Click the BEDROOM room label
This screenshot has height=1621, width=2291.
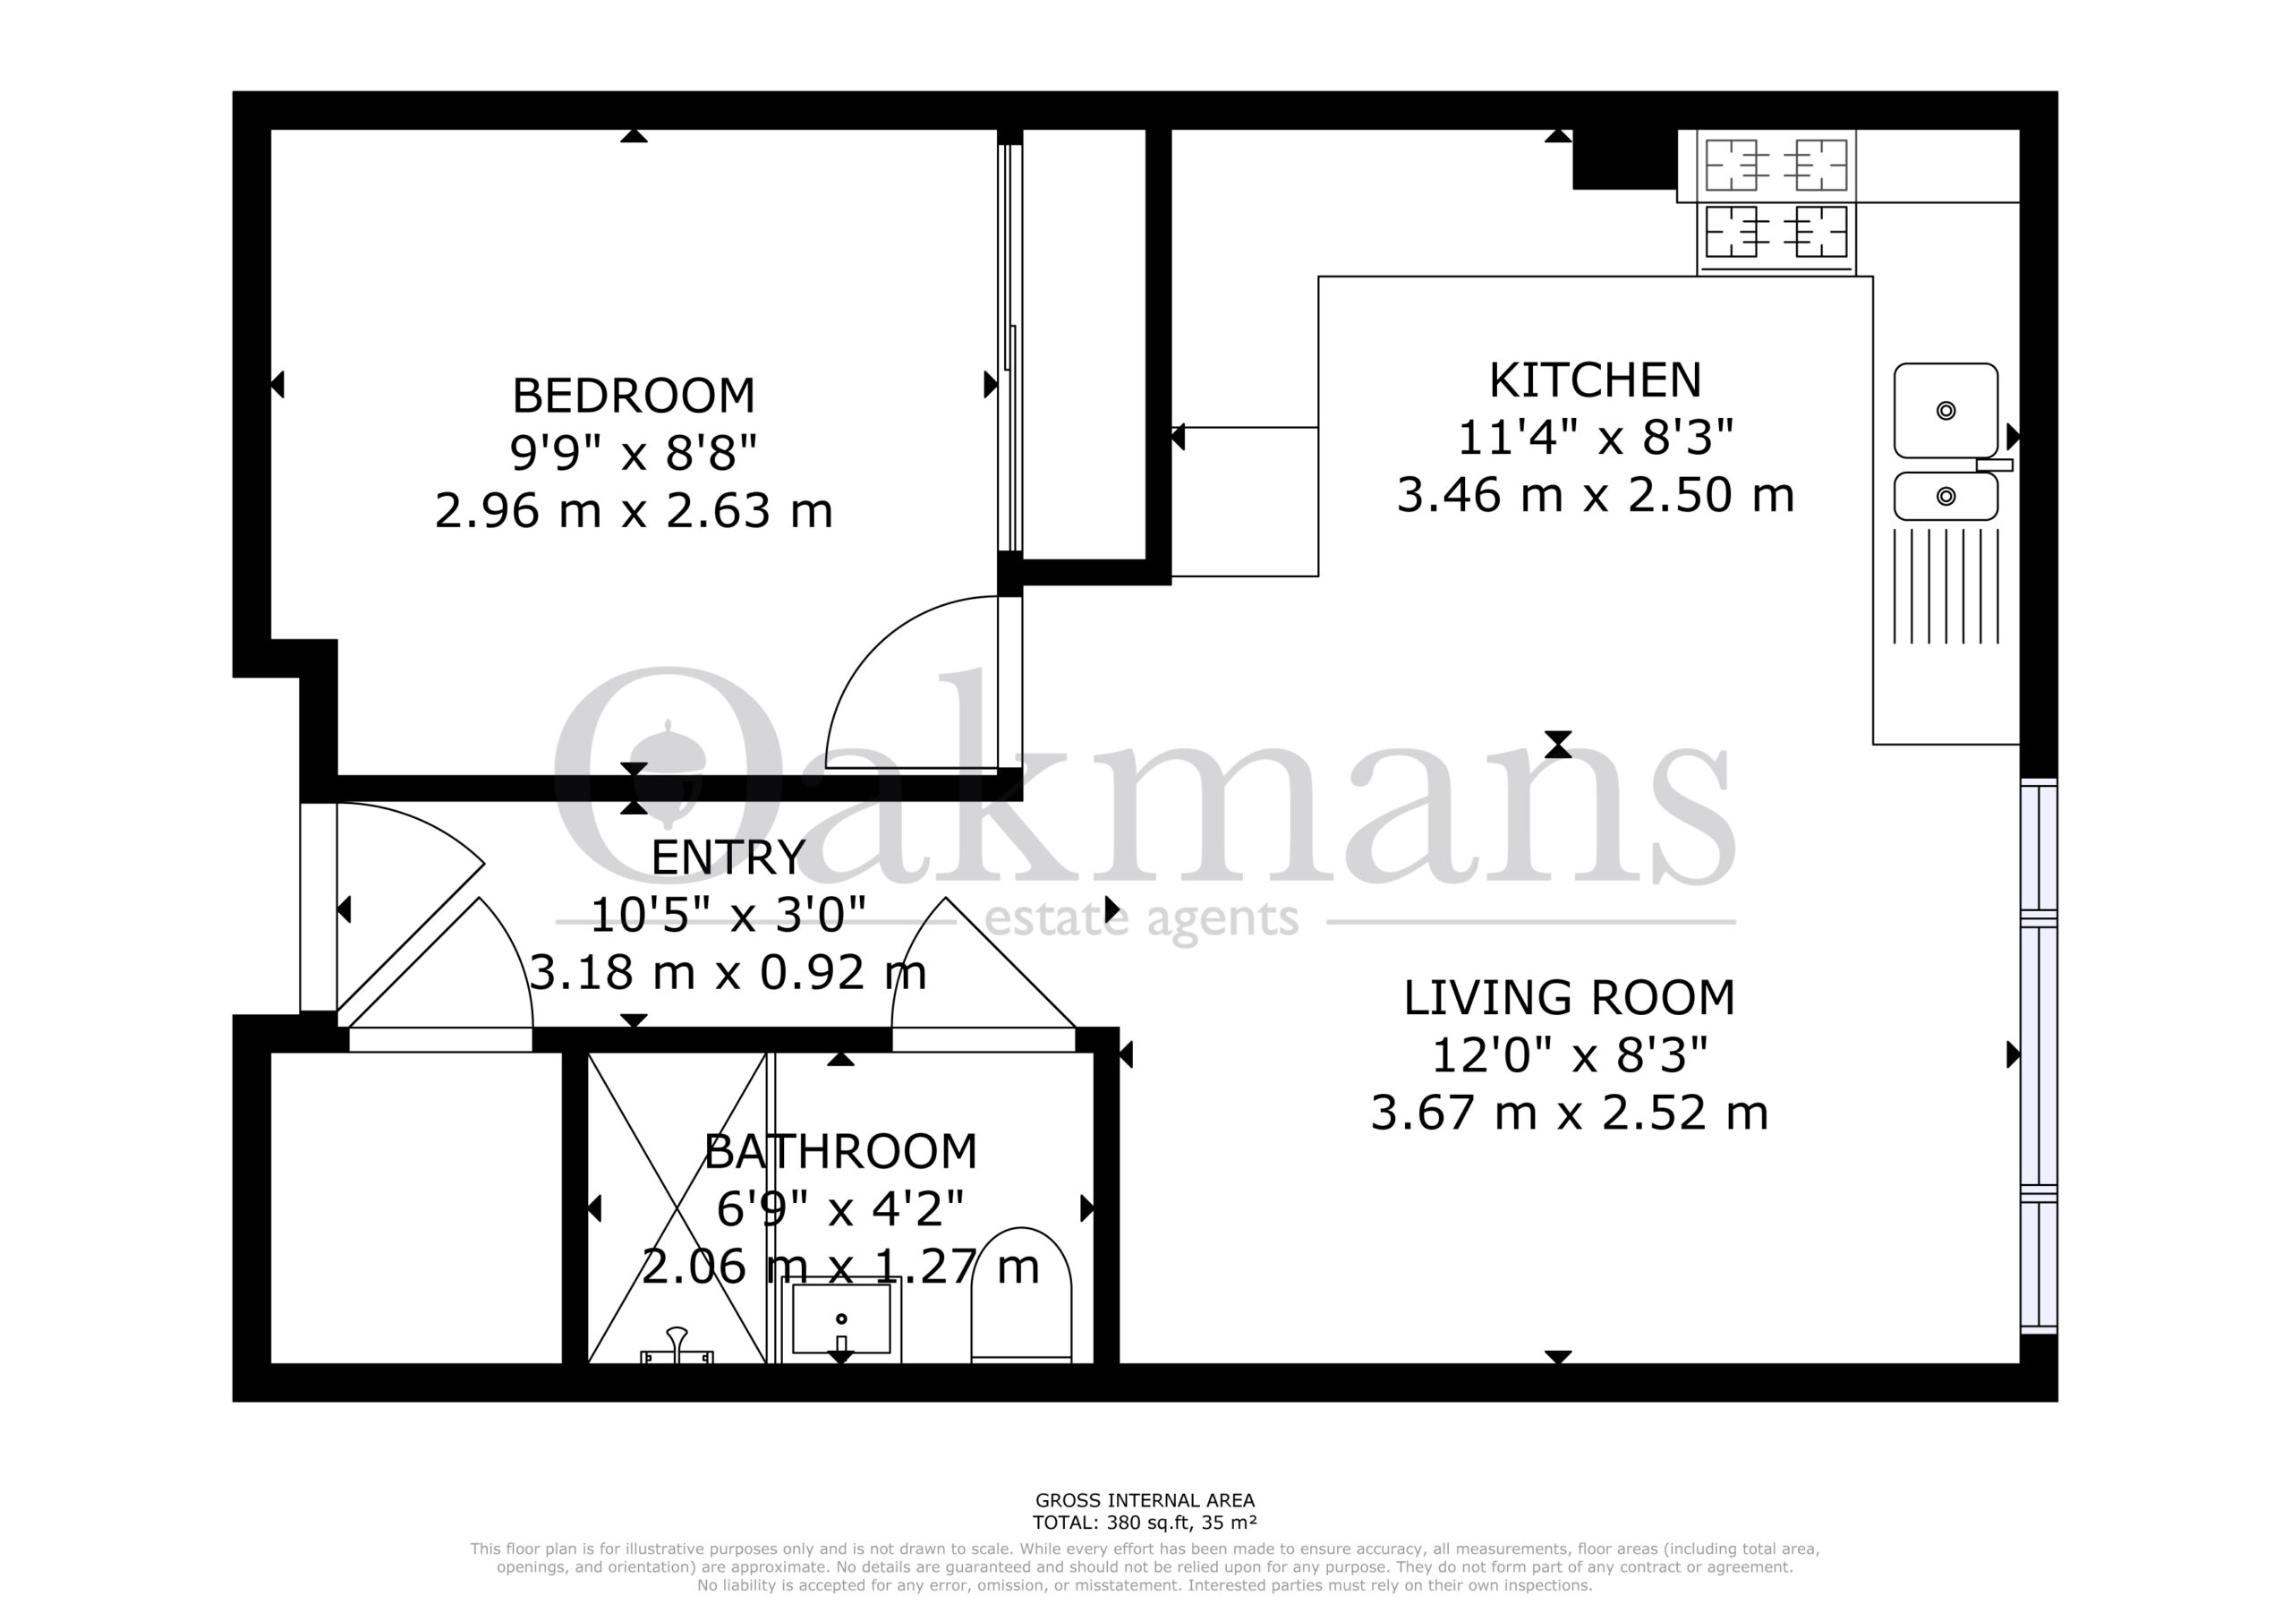634,397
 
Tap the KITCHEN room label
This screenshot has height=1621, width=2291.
1595,380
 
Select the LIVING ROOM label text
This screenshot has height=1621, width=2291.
1570,997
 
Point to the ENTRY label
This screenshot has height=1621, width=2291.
728,857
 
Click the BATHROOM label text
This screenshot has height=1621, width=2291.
840,1152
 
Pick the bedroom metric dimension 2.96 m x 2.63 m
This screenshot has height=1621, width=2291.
634,511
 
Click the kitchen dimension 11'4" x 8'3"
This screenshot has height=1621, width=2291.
1595,437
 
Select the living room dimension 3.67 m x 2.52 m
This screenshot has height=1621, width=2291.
1570,1113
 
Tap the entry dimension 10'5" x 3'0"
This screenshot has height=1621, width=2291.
728,914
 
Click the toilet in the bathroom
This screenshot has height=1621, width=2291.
1021,1294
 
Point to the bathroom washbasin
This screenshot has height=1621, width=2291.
840,1319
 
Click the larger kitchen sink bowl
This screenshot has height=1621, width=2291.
1946,410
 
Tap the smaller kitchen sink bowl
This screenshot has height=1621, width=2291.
1946,496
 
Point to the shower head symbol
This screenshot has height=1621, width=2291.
677,1345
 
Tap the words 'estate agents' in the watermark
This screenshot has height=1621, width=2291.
1142,919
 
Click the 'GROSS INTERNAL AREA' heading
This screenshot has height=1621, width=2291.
1145,1500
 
